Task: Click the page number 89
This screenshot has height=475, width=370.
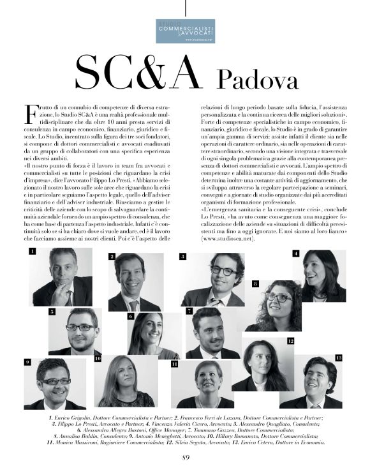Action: [186, 456]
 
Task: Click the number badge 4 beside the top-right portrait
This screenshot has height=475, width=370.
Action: [295, 253]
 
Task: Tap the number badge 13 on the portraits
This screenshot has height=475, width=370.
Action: [338, 358]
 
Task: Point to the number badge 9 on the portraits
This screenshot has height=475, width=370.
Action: [27, 362]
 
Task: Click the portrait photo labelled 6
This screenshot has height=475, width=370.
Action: [154, 335]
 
